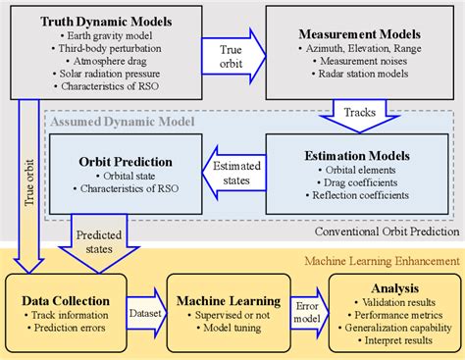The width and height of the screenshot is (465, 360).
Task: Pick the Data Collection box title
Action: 65,285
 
